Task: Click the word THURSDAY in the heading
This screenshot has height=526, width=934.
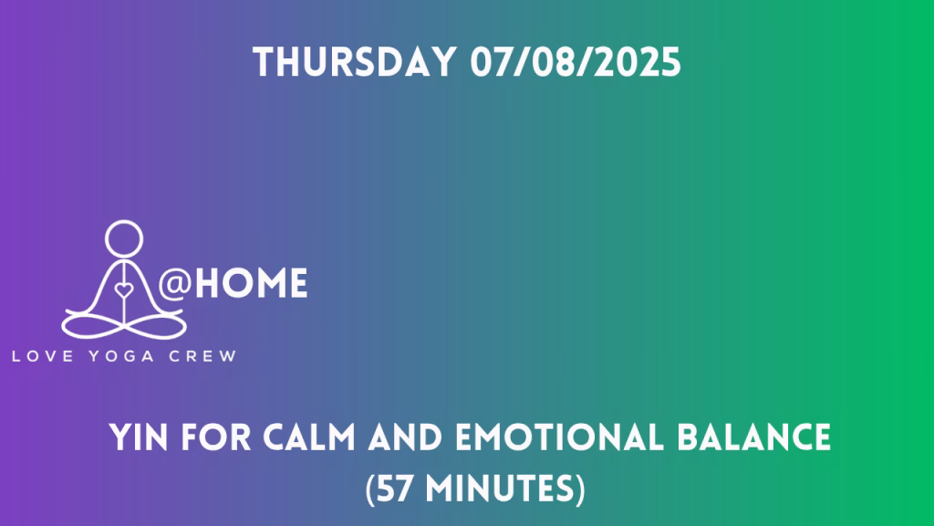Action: click(x=355, y=62)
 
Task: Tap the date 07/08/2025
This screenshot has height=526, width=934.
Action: click(x=576, y=62)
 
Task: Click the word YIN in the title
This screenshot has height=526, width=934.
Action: click(x=139, y=437)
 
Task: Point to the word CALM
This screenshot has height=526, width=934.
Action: click(x=309, y=437)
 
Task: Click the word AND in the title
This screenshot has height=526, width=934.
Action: click(x=405, y=437)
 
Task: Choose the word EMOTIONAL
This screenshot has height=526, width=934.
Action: click(x=559, y=437)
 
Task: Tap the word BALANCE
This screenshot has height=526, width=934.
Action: click(x=754, y=437)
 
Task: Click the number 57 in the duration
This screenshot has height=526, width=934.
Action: click(x=396, y=489)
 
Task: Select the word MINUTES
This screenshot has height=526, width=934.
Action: click(x=499, y=489)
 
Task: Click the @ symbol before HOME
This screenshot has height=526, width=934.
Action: click(x=174, y=283)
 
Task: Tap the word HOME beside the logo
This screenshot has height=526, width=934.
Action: click(x=252, y=283)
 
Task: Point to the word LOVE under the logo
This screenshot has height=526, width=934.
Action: click(x=43, y=357)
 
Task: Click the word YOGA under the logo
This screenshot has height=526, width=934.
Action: click(x=121, y=357)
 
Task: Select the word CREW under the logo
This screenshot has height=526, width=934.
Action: click(x=202, y=357)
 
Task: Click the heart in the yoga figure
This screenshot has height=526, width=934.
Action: click(x=124, y=290)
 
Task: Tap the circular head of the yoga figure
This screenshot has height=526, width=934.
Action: click(x=124, y=238)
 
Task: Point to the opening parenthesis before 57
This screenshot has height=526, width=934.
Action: click(x=370, y=489)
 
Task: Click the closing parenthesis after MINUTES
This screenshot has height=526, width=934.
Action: click(x=580, y=489)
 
